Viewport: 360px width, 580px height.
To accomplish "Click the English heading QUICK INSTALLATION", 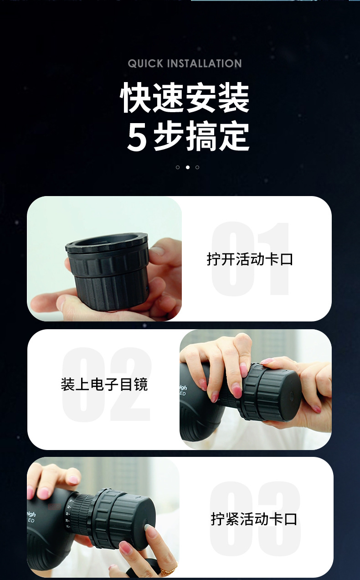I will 185,63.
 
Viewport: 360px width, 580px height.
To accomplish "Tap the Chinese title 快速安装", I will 185,98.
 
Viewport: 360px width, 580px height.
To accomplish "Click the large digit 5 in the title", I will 137,137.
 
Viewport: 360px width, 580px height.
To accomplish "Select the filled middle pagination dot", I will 187,167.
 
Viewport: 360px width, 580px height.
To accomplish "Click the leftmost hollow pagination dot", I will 178,167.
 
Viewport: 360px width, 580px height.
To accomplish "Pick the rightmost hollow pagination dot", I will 197,167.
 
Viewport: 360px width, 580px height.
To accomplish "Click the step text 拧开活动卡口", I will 250,259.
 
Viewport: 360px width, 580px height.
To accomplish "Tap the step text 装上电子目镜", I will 104,384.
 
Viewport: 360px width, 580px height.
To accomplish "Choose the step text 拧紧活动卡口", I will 254,519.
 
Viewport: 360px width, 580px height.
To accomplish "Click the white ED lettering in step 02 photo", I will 183,393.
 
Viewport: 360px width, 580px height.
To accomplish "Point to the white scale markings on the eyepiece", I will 68,515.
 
